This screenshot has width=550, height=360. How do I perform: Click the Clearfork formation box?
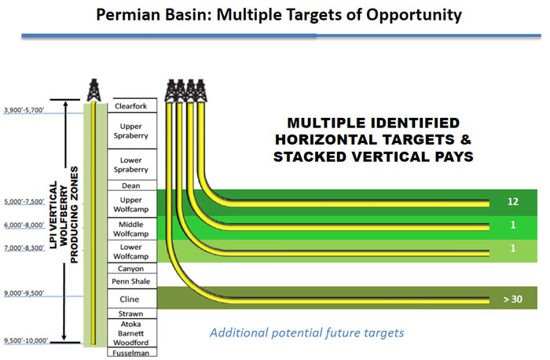coord(132,105)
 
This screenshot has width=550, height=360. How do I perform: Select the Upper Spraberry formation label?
coord(131,131)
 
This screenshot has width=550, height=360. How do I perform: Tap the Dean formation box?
coord(132,186)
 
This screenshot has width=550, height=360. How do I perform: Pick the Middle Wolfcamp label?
coord(131,229)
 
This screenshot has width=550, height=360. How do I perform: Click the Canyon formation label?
coord(131,269)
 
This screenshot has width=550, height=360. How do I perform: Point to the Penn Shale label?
coord(131,281)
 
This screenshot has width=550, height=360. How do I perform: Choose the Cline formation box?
coord(132,299)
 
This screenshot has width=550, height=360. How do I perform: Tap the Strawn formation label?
coord(131,314)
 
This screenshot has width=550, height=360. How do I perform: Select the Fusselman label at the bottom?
coord(131,353)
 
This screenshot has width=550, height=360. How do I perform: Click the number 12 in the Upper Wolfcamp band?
coord(512,201)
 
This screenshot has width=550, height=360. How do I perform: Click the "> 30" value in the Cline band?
coord(513,299)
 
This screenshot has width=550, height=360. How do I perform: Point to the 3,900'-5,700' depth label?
coord(24,110)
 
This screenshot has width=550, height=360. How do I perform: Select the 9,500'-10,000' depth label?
coord(26,340)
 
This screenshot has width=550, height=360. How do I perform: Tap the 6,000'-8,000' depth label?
coord(24,225)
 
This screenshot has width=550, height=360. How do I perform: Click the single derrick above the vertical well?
coord(93,90)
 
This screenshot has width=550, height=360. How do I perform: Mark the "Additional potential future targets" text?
coord(307,332)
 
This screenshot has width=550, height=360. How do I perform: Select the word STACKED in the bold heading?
coord(310,156)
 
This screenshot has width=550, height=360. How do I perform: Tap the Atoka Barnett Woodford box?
coord(132,333)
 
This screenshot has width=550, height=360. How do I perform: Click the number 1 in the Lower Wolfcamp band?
coord(513,248)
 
